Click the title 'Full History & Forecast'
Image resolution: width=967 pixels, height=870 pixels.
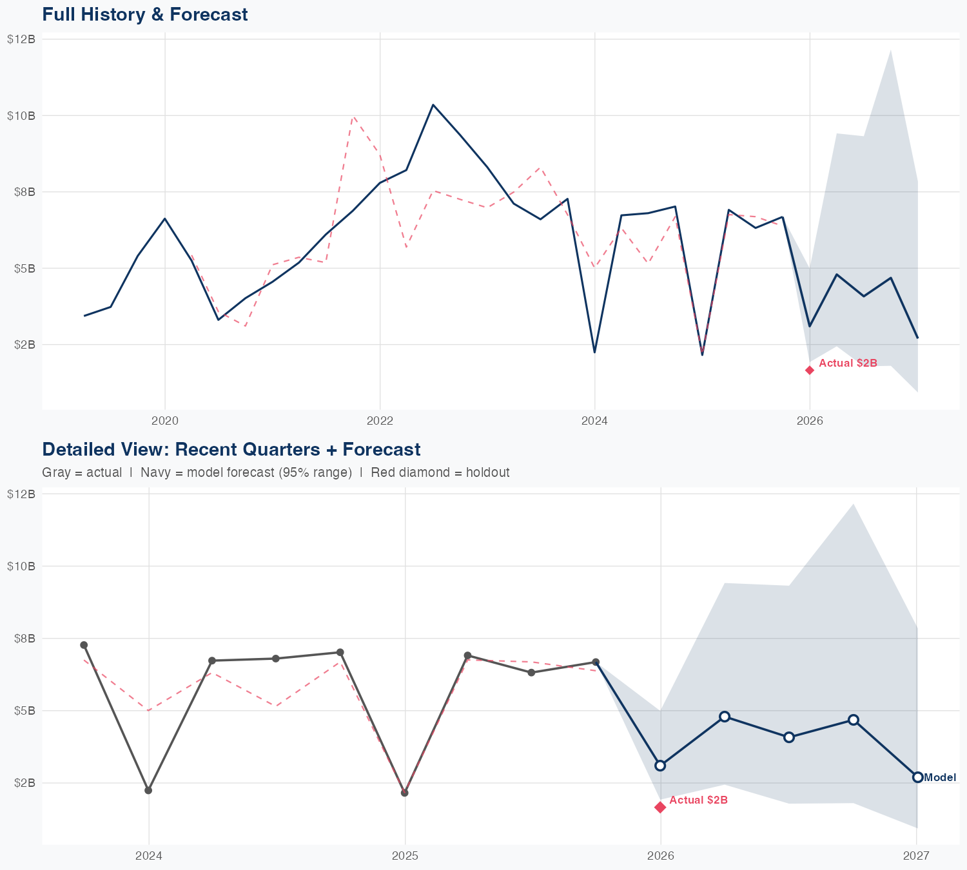click(x=144, y=14)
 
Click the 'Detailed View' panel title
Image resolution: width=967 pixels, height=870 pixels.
click(x=231, y=449)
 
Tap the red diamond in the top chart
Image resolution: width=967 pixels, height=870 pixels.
click(x=810, y=370)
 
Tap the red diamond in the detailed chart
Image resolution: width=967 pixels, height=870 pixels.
click(x=660, y=807)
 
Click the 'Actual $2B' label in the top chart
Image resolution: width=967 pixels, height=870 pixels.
click(x=848, y=363)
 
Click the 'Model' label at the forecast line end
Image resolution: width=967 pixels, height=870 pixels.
click(x=940, y=778)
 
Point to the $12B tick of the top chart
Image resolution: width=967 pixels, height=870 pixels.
click(x=21, y=39)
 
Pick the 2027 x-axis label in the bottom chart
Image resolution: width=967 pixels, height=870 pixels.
click(x=916, y=856)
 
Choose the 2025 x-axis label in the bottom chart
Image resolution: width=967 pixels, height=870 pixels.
click(x=405, y=856)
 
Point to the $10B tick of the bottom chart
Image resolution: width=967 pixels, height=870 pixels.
click(x=21, y=566)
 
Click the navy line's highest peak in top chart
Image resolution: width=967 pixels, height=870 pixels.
click(x=433, y=104)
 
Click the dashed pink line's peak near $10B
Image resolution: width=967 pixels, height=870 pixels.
click(x=353, y=117)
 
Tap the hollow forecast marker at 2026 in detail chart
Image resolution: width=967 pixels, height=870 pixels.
click(x=660, y=766)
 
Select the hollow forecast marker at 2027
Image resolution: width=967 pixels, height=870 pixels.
click(x=917, y=777)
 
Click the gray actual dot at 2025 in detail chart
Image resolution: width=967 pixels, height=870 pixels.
click(x=405, y=793)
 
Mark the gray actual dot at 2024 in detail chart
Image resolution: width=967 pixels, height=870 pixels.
click(x=148, y=790)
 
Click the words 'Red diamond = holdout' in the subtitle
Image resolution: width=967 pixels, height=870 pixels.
click(x=440, y=472)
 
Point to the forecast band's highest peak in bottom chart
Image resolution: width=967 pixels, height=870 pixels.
click(x=854, y=505)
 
